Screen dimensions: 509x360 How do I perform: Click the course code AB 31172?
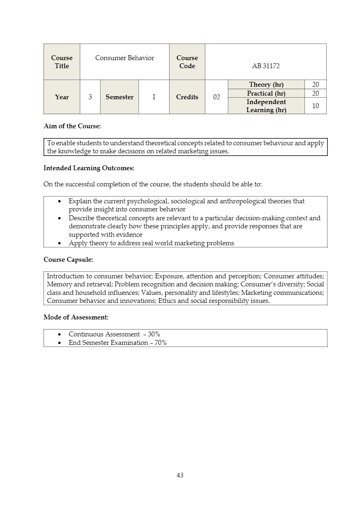click(x=266, y=66)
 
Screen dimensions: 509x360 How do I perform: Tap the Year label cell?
click(x=62, y=97)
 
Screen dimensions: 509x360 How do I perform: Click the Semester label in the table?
click(x=119, y=97)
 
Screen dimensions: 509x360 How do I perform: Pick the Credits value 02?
click(x=216, y=97)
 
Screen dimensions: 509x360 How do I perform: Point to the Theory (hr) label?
click(x=266, y=84)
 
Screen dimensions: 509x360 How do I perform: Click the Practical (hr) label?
click(x=266, y=94)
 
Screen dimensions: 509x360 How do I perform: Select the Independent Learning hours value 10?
click(x=315, y=106)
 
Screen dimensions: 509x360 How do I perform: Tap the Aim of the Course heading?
click(x=72, y=126)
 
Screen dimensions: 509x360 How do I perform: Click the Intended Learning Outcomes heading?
click(x=89, y=168)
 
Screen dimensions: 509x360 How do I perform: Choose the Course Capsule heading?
click(x=68, y=260)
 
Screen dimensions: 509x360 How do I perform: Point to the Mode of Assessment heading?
click(x=76, y=317)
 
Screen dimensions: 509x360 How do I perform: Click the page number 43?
click(x=180, y=475)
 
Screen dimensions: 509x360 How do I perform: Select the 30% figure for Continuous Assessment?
click(x=154, y=334)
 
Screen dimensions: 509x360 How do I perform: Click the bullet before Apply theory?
click(x=60, y=243)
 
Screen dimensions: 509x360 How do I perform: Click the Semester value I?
click(x=154, y=97)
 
